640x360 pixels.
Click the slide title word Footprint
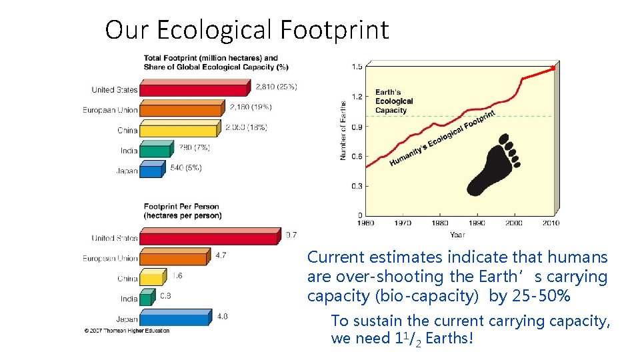pos(334,31)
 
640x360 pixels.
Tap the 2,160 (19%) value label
pos(250,107)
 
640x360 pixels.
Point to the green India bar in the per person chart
pos(146,299)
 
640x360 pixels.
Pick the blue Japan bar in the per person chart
pos(174,319)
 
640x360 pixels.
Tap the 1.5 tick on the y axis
pos(357,66)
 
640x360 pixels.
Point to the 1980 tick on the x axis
pos(440,223)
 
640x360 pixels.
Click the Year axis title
pos(457,235)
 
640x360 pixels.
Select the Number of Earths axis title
pos(343,130)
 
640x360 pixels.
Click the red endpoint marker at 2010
pos(553,68)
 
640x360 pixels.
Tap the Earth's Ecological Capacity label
pos(394,101)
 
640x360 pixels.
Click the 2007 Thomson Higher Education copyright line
pos(127,331)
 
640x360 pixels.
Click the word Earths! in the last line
pos(449,339)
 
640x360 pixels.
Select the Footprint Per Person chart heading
pos(182,211)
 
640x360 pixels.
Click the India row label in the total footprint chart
pos(129,151)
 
